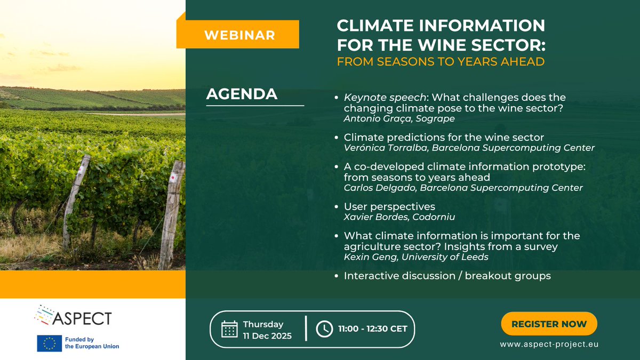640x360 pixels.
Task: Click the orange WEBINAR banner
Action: coord(238,34)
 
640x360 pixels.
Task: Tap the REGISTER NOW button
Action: coord(549,324)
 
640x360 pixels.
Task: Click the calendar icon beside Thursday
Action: coord(229,329)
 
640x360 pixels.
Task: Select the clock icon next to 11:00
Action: coord(324,329)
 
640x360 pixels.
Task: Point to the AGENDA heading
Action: coord(242,94)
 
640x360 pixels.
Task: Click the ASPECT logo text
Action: coord(82,318)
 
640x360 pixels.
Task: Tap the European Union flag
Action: coord(50,343)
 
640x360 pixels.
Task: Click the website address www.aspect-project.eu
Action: coord(549,345)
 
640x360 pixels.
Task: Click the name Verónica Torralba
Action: coord(385,148)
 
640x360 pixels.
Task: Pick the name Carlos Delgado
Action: coord(379,188)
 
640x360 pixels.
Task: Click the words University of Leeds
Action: coord(445,257)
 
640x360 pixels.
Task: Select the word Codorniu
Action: coord(434,217)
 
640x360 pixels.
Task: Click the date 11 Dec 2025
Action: coord(267,335)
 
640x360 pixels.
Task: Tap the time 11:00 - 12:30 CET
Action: coord(373,329)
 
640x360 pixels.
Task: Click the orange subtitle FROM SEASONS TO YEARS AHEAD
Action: coord(441,62)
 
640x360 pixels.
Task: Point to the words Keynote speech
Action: coord(385,98)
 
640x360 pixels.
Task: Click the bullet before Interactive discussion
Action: coord(337,276)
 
